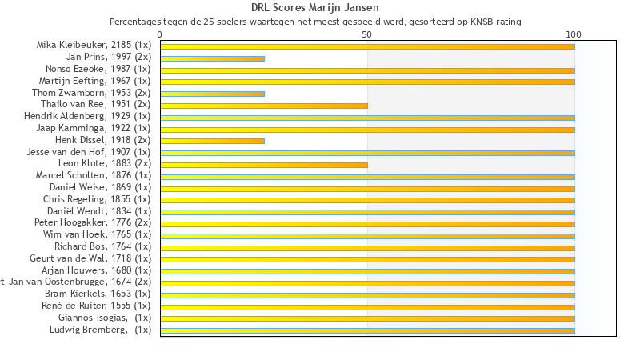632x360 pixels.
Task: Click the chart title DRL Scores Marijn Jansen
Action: coord(315,8)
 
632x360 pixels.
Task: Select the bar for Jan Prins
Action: coord(212,58)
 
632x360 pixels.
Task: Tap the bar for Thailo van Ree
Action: coord(264,106)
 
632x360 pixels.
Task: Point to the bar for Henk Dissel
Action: coord(212,141)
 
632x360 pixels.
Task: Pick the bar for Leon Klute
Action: coord(264,165)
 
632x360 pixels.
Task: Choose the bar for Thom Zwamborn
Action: coord(212,94)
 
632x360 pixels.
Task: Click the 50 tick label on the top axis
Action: coord(367,34)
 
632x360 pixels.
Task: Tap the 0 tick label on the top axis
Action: coord(160,34)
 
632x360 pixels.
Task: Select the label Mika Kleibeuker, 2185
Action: coord(93,46)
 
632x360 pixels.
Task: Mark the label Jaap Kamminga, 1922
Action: coord(93,128)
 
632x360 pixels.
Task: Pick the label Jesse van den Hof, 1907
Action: coord(88,152)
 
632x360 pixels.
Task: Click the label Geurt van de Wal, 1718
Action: coord(90,258)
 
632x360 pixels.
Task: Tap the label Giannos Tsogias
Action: coord(104,318)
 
